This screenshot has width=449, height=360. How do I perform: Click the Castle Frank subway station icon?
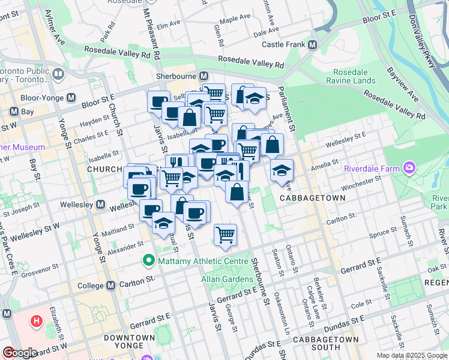point(312,45)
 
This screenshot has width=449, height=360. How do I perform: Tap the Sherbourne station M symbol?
point(203,76)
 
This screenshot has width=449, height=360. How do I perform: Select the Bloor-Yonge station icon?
point(71,97)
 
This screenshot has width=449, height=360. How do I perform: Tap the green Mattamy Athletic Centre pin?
point(147,261)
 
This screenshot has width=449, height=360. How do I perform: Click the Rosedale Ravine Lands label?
point(351,76)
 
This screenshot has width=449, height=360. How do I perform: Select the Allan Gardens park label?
point(226,279)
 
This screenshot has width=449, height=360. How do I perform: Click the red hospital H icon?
point(37,321)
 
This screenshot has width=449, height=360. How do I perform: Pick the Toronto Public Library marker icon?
point(58,74)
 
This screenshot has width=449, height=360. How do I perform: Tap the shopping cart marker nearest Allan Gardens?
point(225,235)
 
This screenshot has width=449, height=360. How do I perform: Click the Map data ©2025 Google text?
point(411,355)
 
